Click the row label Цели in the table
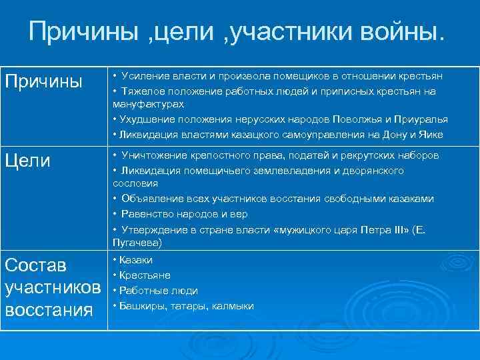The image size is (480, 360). [x=28, y=161]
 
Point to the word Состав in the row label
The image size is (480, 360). [x=36, y=265]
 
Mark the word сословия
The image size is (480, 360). [x=135, y=183]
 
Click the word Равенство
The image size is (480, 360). [x=147, y=214]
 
